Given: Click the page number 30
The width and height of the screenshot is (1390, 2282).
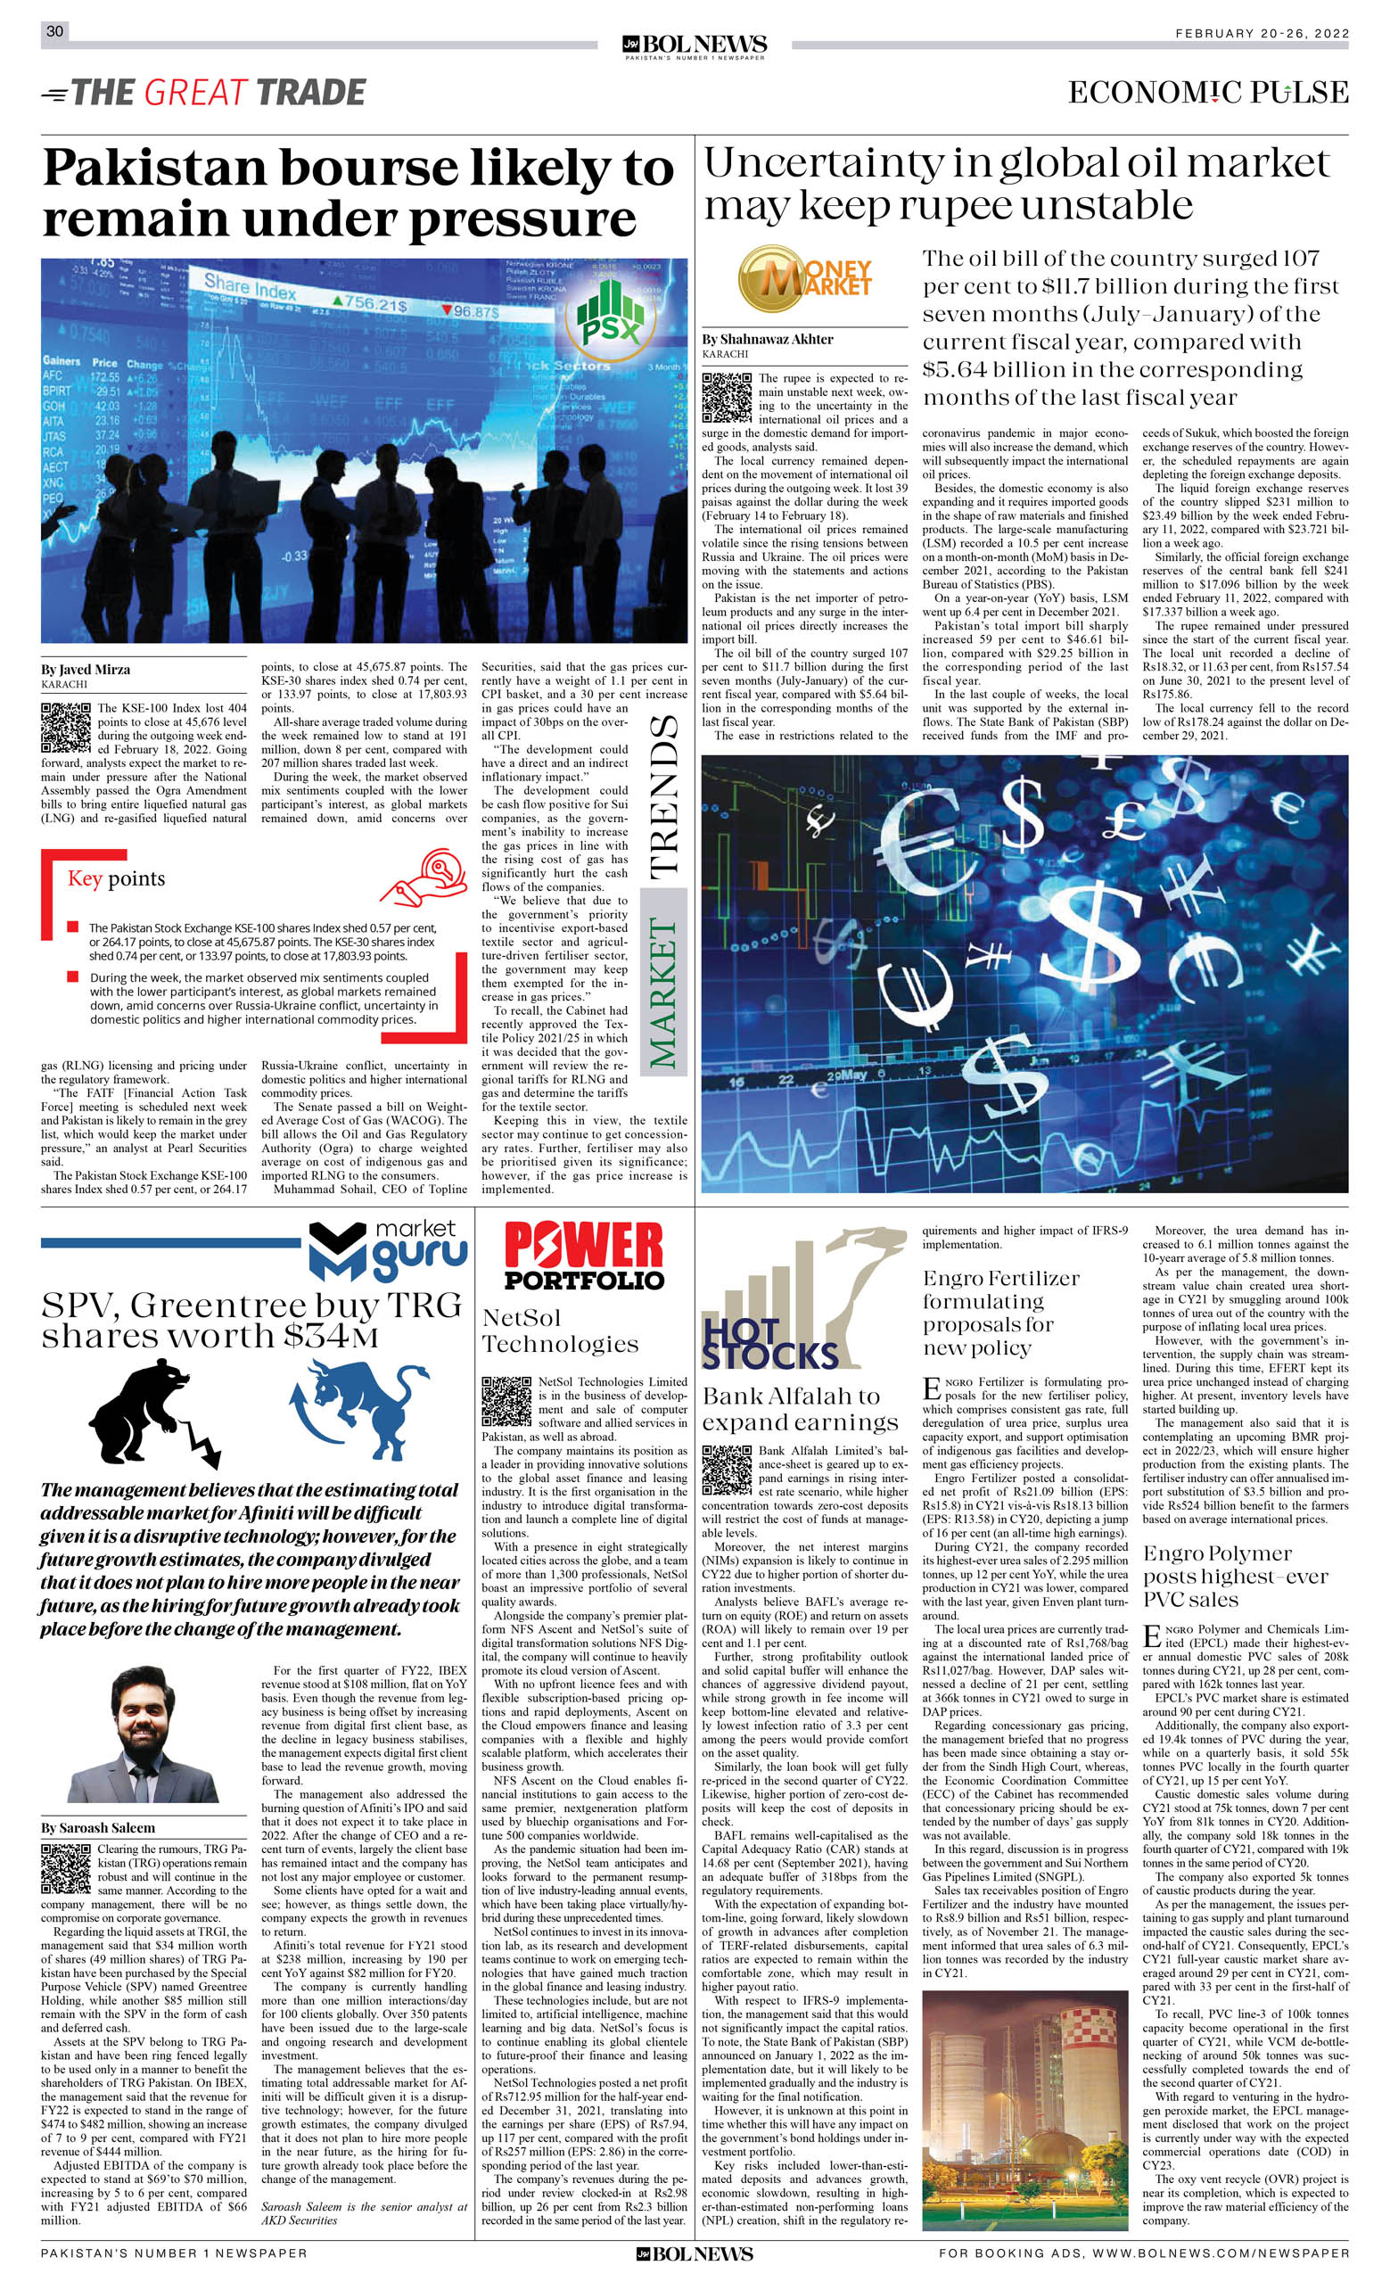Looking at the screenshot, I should [54, 31].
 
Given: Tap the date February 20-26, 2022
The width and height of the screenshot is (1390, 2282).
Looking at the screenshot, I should [1263, 33].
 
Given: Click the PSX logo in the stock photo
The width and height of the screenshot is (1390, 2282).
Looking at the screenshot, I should [609, 316].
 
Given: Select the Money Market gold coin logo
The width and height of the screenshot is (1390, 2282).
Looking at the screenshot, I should [804, 279].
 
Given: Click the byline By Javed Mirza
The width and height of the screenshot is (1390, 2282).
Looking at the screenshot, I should [86, 670].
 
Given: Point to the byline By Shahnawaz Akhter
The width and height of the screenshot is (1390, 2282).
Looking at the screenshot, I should [767, 339].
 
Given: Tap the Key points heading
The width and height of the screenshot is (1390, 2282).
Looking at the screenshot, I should [116, 878].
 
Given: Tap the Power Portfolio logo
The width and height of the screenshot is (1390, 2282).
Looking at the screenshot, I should [583, 1256].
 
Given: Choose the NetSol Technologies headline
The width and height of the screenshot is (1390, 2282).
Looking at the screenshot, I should [560, 1330].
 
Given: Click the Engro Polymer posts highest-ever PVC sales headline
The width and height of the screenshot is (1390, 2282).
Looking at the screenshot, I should [1236, 1576].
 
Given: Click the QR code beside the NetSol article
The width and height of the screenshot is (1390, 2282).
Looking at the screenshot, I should [506, 1401].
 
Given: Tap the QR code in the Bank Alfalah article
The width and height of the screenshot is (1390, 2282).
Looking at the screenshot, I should [726, 1470].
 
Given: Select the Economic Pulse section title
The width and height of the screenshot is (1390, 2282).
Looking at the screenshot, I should [1207, 92].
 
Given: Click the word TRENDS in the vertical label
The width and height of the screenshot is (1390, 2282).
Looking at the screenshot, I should [665, 797].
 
